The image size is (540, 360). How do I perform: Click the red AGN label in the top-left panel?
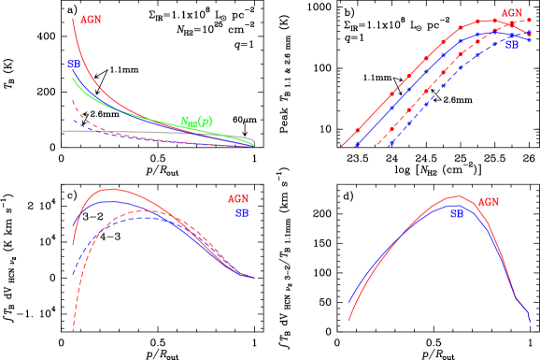[x=91, y=19]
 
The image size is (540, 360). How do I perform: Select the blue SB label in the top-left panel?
[x=73, y=65]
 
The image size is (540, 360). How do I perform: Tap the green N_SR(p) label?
[x=196, y=122]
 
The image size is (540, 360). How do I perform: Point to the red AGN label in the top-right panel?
[x=511, y=13]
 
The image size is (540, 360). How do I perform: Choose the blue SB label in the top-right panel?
[x=512, y=44]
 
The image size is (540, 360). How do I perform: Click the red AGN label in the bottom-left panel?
[x=237, y=199]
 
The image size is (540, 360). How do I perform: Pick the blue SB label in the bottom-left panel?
[x=241, y=212]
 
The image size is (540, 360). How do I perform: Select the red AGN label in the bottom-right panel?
[x=488, y=202]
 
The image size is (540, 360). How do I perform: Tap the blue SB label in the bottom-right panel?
[x=456, y=214]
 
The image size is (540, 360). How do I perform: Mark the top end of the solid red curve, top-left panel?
[x=73, y=18]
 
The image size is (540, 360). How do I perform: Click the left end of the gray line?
[x=63, y=131]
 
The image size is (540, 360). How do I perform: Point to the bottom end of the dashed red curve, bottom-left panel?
[x=73, y=329]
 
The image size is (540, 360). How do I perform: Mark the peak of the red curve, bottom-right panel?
[x=456, y=196]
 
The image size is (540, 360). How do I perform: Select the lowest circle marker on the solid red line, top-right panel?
[x=357, y=131]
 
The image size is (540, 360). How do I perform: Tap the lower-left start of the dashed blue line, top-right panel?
[x=387, y=148]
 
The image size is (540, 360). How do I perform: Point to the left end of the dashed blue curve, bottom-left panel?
[x=74, y=274]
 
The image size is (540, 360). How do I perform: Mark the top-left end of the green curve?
[x=73, y=79]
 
